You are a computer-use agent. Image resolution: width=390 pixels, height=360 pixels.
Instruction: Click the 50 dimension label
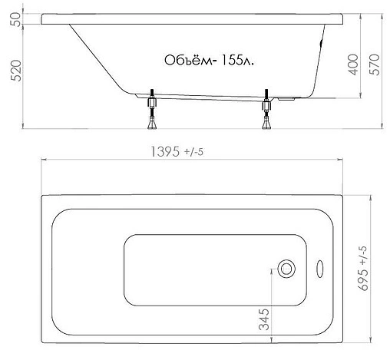(x=16, y=19)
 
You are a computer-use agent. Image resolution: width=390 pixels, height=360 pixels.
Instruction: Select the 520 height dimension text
(x=16, y=71)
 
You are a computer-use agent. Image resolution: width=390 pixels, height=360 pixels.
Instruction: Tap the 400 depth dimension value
(x=353, y=64)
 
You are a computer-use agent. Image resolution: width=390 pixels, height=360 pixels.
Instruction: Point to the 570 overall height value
(x=375, y=64)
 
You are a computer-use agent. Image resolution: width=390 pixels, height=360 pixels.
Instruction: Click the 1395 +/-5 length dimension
(x=177, y=151)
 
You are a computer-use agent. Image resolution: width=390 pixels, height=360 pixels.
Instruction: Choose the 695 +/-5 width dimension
(x=363, y=269)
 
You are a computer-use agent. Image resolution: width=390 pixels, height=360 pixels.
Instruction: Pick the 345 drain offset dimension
(x=264, y=319)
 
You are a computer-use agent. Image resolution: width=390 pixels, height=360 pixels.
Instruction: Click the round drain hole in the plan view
(x=286, y=269)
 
